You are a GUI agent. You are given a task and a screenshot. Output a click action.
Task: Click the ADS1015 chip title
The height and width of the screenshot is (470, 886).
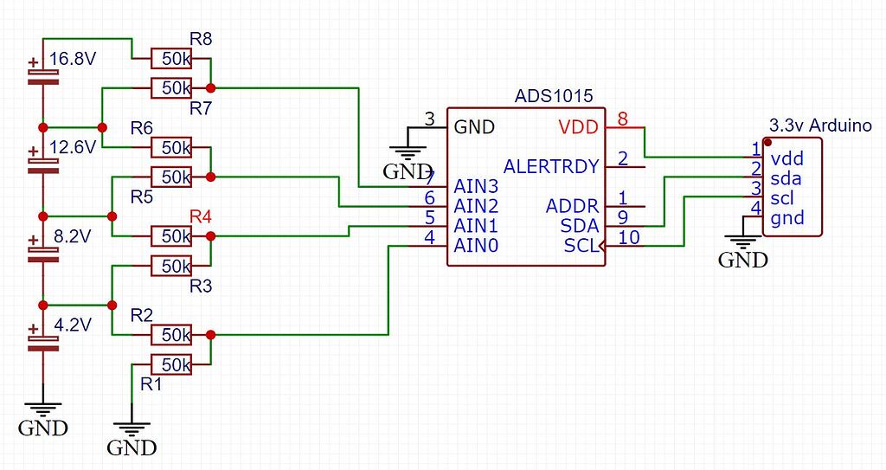pyautogui.click(x=554, y=96)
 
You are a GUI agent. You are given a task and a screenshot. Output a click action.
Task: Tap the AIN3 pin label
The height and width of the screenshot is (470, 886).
pyautogui.click(x=477, y=185)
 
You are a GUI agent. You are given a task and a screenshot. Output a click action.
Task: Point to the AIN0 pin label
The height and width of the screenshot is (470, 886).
pyautogui.click(x=477, y=246)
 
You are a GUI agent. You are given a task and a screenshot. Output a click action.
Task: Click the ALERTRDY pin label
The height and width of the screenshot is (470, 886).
pyautogui.click(x=551, y=165)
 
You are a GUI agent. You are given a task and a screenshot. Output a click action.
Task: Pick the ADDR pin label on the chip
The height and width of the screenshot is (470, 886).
pyautogui.click(x=572, y=206)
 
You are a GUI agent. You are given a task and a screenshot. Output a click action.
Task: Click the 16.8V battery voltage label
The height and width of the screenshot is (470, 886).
pyautogui.click(x=73, y=60)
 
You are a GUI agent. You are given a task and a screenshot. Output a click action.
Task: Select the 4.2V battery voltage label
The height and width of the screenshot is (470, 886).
pyautogui.click(x=73, y=326)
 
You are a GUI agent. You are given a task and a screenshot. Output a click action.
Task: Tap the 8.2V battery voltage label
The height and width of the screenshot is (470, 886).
pyautogui.click(x=73, y=235)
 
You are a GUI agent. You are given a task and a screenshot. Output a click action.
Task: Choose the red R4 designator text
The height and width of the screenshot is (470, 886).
pyautogui.click(x=200, y=216)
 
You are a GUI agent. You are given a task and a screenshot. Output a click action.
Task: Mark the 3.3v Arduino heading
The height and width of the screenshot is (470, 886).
pyautogui.click(x=819, y=125)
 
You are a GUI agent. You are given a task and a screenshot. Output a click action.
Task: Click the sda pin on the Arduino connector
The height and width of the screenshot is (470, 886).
pyautogui.click(x=786, y=179)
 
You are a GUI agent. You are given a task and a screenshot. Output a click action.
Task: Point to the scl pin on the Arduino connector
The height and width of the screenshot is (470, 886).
pyautogui.click(x=784, y=198)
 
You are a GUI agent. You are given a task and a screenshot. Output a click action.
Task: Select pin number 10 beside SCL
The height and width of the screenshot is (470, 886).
pyautogui.click(x=629, y=237)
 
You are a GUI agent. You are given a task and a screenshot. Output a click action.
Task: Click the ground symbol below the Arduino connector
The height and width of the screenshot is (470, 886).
pyautogui.click(x=742, y=248)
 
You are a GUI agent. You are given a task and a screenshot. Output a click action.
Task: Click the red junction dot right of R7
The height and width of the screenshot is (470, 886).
pyautogui.click(x=211, y=87)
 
